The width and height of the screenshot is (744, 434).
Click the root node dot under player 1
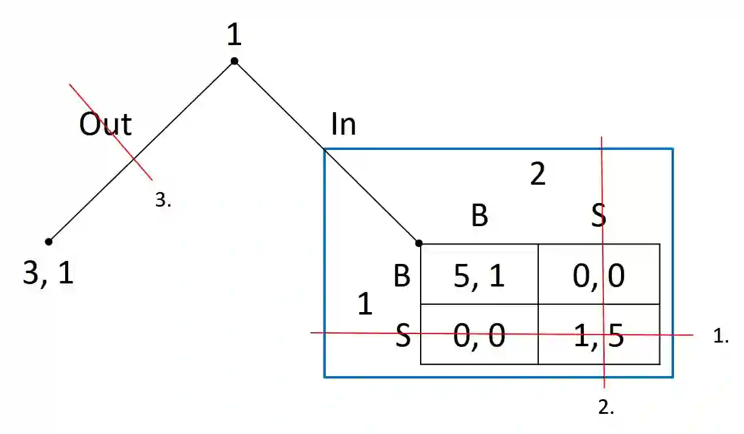(x=234, y=61)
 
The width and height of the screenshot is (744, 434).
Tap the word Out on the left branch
(x=105, y=124)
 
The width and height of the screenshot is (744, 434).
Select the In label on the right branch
(x=343, y=124)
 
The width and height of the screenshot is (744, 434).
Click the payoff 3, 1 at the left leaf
(x=48, y=274)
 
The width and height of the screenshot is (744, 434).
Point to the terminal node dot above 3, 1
(x=49, y=241)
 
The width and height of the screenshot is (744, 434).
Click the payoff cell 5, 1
(x=480, y=275)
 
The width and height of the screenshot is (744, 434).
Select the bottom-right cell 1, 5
(x=599, y=336)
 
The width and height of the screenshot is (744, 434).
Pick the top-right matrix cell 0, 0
(x=599, y=275)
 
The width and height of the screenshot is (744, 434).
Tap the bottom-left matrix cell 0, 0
(x=480, y=336)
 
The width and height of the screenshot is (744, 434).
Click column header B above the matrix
(x=480, y=216)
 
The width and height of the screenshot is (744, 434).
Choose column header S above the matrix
(x=599, y=216)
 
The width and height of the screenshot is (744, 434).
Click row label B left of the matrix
(x=402, y=276)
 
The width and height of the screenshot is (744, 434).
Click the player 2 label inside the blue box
(x=538, y=175)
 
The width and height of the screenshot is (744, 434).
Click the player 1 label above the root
(x=234, y=35)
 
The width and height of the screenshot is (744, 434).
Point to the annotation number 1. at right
(x=721, y=335)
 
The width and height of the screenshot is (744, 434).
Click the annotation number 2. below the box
(x=606, y=408)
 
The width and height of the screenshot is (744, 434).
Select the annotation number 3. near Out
(x=163, y=201)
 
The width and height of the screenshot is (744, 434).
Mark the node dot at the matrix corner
(x=419, y=243)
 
